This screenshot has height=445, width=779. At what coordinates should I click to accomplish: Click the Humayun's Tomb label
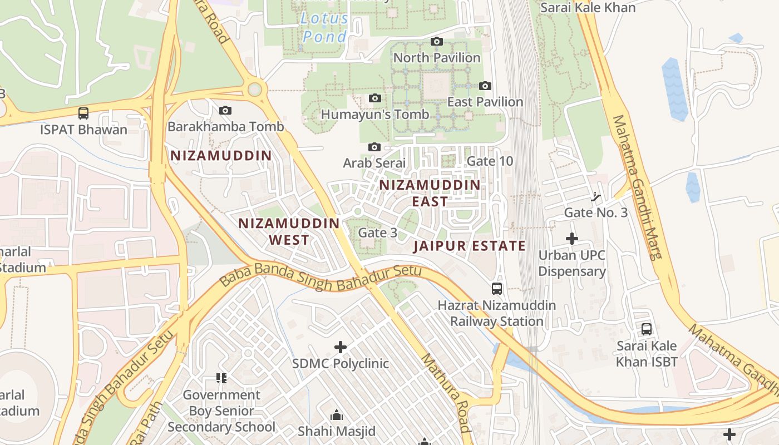pyautogui.click(x=375, y=115)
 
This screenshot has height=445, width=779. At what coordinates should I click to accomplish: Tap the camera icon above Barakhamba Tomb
pyautogui.click(x=225, y=110)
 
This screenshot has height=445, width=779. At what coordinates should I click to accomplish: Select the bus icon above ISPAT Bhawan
pyautogui.click(x=83, y=113)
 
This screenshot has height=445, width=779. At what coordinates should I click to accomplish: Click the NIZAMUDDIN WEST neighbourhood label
pyautogui.click(x=289, y=231)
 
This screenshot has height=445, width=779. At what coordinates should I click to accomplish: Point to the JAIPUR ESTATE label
pyautogui.click(x=470, y=246)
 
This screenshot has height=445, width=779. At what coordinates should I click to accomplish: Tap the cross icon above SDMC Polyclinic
pyautogui.click(x=341, y=347)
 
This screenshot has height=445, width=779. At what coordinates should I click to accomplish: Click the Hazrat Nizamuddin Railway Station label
pyautogui.click(x=496, y=313)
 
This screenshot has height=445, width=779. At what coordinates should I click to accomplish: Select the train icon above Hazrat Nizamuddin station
pyautogui.click(x=497, y=289)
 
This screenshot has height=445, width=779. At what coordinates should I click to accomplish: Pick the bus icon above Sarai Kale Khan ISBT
pyautogui.click(x=647, y=329)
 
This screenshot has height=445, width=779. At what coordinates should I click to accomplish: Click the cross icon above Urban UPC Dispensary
pyautogui.click(x=572, y=239)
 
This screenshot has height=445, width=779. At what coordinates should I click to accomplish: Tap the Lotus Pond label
pyautogui.click(x=324, y=27)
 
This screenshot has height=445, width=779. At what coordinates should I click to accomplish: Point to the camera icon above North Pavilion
pyautogui.click(x=437, y=41)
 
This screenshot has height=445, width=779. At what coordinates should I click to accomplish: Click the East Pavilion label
pyautogui.click(x=485, y=102)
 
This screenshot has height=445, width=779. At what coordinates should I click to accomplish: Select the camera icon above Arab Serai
pyautogui.click(x=374, y=147)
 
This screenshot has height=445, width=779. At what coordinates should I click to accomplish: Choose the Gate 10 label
pyautogui.click(x=490, y=161)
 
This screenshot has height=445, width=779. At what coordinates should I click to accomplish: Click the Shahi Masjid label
pyautogui.click(x=336, y=431)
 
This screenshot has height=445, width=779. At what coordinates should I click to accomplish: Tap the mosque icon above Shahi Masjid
pyautogui.click(x=336, y=415)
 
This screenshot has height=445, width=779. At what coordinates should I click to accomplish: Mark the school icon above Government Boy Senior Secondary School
pyautogui.click(x=221, y=378)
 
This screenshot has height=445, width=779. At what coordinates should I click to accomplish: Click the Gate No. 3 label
pyautogui.click(x=595, y=212)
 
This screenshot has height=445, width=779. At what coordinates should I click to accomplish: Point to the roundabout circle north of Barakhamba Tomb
pyautogui.click(x=255, y=89)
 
